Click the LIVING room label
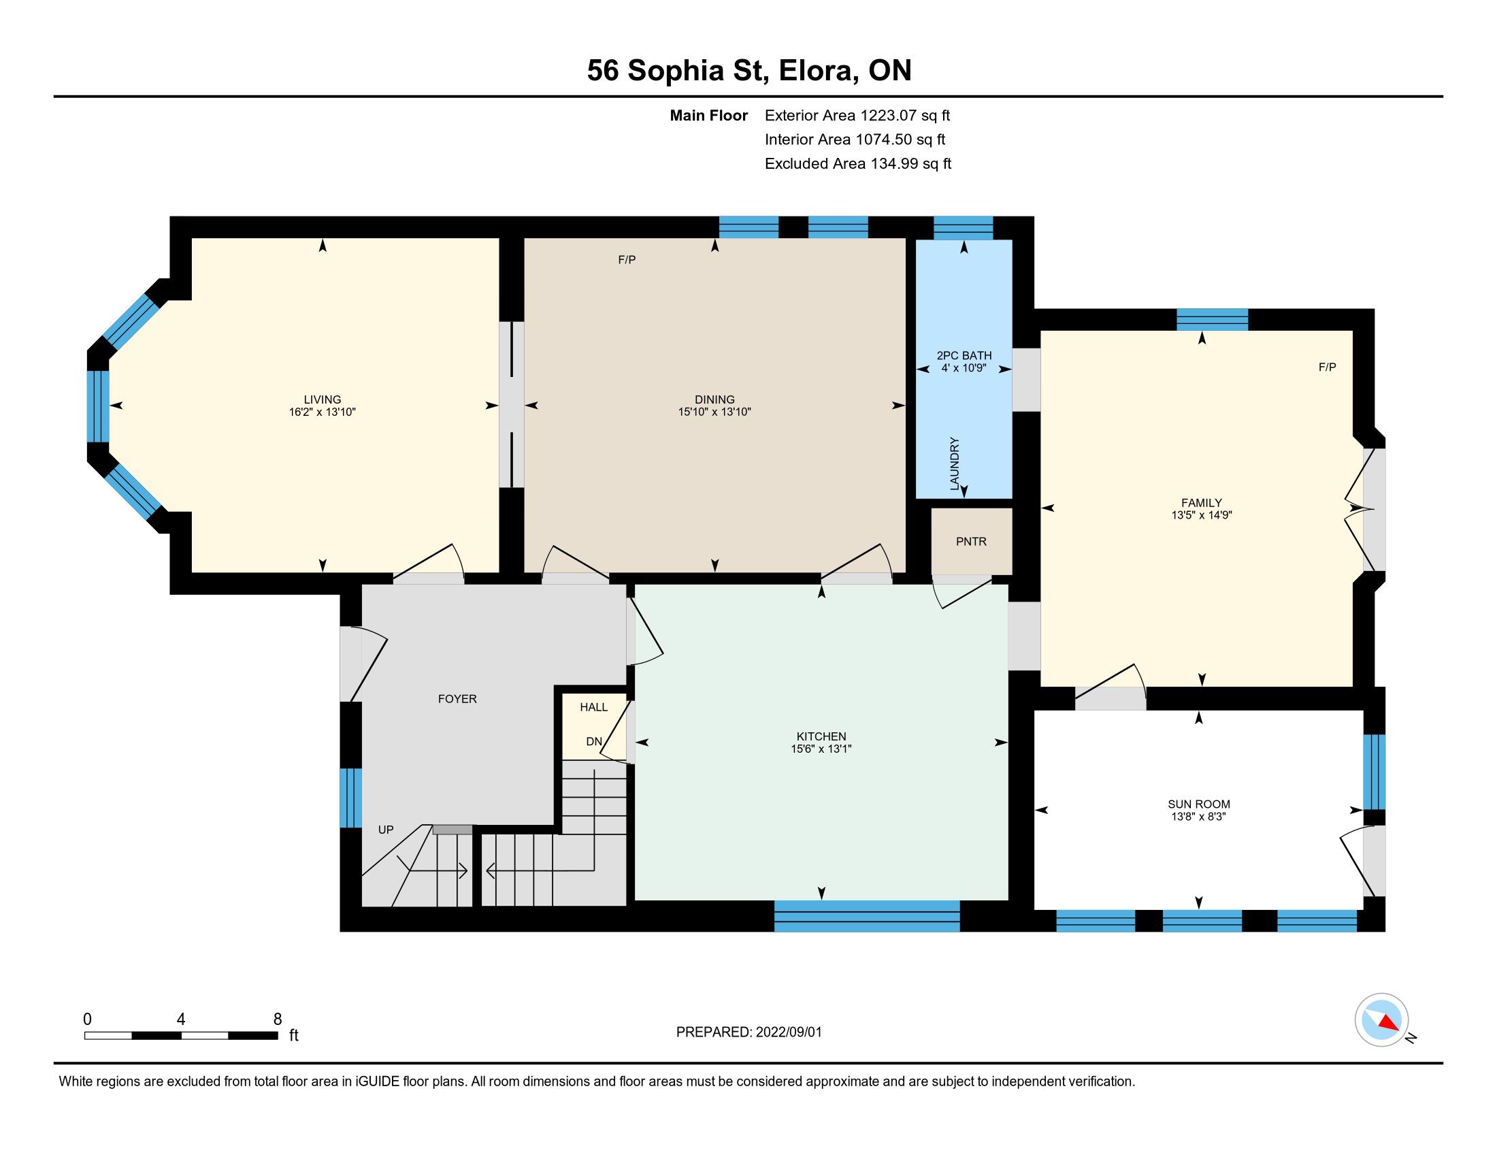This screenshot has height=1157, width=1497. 322,400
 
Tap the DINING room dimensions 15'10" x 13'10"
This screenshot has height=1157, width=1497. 714,412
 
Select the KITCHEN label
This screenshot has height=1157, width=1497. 821,736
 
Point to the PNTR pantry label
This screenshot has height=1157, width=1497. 971,542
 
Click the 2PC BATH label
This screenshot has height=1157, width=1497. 964,356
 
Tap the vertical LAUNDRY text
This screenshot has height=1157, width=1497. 954,463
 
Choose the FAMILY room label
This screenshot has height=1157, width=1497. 1202,502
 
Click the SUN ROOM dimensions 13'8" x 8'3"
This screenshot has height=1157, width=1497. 1198,816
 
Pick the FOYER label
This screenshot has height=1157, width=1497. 457,698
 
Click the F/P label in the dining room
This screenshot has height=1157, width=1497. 627,259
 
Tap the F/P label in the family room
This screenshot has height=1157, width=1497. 1327,367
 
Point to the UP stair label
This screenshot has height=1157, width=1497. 386,830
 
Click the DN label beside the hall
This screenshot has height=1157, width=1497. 593,741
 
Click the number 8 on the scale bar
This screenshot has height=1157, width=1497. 278,1020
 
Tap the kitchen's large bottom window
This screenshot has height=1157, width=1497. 866,917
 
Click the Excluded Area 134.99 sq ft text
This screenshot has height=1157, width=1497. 858,164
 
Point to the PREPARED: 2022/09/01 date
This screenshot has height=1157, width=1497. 748,1032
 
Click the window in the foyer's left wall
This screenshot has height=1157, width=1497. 351,798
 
